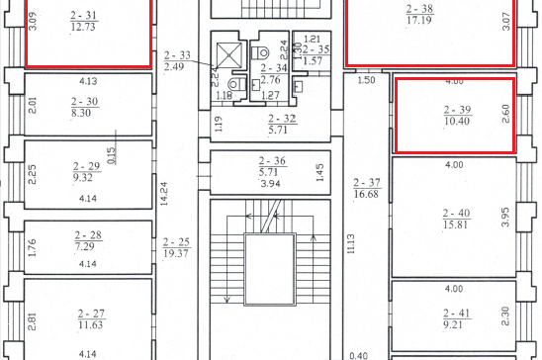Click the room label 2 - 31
click(84, 15)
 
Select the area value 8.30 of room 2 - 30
click(81, 113)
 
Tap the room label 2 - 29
click(87, 166)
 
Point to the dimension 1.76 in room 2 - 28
click(32, 247)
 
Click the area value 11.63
click(91, 324)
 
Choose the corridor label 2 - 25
click(176, 242)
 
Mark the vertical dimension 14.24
click(164, 194)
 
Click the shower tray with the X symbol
click(229, 55)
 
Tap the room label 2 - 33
click(177, 55)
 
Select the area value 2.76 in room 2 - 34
click(270, 80)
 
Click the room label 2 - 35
click(316, 49)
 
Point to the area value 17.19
click(419, 20)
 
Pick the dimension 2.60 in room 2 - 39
click(505, 114)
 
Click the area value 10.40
click(457, 121)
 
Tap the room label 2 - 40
click(457, 214)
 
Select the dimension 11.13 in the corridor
click(351, 244)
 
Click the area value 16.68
click(366, 194)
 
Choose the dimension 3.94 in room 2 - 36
click(270, 183)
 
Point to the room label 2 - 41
click(457, 314)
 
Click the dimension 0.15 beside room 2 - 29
click(112, 156)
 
